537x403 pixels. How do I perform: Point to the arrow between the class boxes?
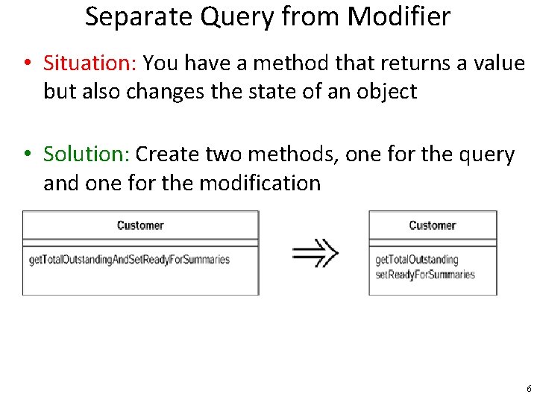(x=315, y=252)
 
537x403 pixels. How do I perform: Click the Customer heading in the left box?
(x=140, y=225)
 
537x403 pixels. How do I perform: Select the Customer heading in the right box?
(x=432, y=225)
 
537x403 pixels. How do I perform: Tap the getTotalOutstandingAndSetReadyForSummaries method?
(x=129, y=260)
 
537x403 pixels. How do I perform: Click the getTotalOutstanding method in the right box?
(x=416, y=260)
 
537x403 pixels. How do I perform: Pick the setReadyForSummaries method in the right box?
(x=424, y=274)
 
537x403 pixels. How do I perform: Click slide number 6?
(x=529, y=389)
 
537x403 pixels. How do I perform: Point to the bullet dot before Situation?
(x=26, y=64)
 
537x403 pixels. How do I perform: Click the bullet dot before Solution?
(x=26, y=155)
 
